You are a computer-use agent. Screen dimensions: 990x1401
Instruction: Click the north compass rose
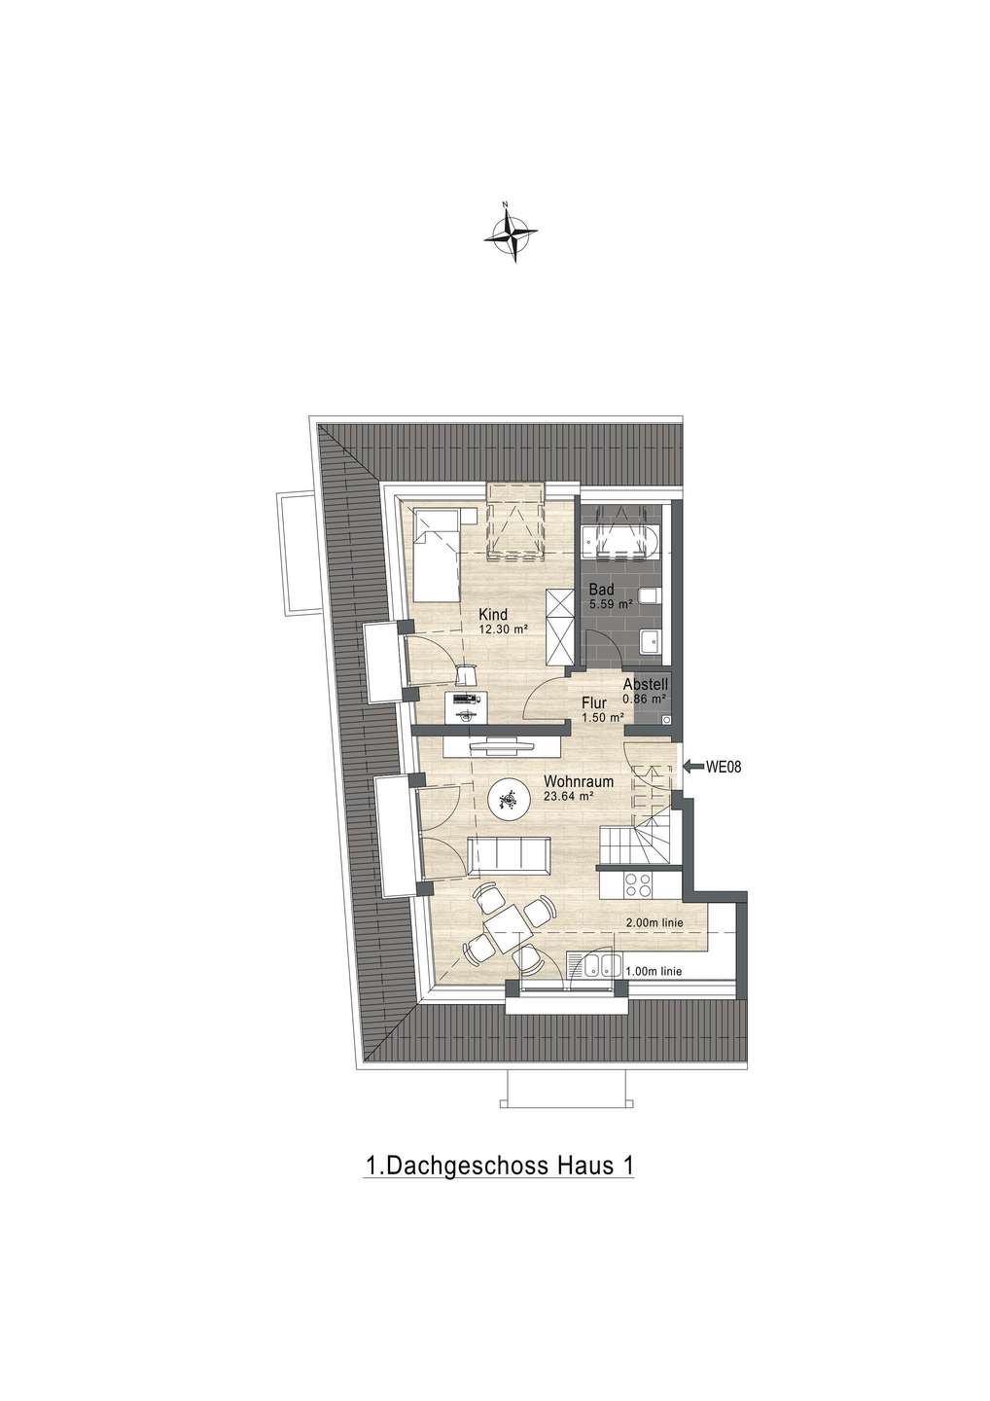click(x=511, y=232)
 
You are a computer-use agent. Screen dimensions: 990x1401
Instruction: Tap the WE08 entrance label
click(x=724, y=767)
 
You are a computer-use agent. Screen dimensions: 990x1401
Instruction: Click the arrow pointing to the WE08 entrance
click(x=693, y=767)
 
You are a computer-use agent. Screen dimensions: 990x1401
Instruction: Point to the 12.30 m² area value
click(x=501, y=629)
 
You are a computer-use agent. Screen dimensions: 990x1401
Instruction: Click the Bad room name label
click(x=601, y=590)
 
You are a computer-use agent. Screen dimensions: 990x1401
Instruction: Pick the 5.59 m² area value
click(x=611, y=605)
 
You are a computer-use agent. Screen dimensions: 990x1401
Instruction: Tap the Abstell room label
click(x=645, y=684)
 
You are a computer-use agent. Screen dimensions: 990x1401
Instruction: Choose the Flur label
click(x=594, y=703)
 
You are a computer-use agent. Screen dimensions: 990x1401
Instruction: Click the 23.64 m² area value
click(x=568, y=796)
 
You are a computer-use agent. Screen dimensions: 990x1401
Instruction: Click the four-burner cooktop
click(x=638, y=885)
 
